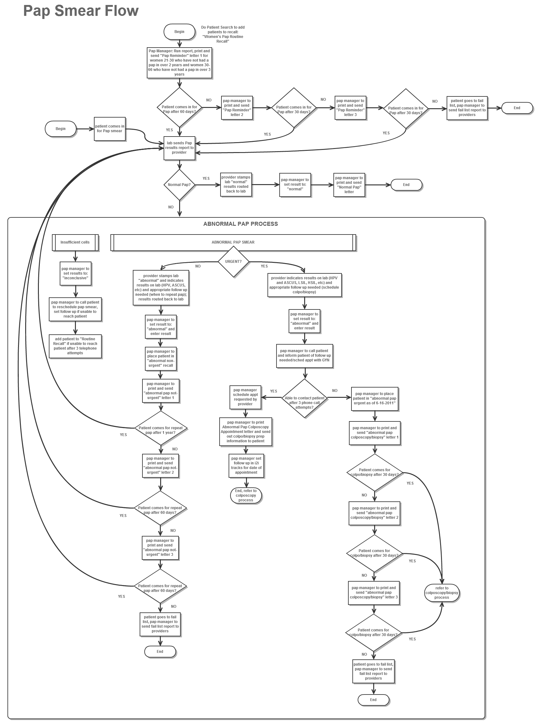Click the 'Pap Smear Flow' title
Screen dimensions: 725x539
(x=81, y=11)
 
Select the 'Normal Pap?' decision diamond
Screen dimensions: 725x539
(x=179, y=185)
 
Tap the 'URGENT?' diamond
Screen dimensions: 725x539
(x=233, y=262)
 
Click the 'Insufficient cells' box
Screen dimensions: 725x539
(x=75, y=242)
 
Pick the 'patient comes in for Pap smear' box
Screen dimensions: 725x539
(x=109, y=129)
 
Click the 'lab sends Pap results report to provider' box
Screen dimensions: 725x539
(x=179, y=148)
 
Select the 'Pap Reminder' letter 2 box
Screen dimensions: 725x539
(x=237, y=108)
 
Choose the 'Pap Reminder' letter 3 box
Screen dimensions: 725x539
(x=351, y=108)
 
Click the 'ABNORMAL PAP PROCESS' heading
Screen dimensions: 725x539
(x=240, y=224)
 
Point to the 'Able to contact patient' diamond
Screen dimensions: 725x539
(x=304, y=398)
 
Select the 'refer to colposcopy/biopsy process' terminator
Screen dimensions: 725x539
(x=441, y=593)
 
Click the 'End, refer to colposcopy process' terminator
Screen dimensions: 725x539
(x=246, y=495)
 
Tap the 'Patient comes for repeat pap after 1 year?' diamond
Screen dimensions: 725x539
(x=160, y=428)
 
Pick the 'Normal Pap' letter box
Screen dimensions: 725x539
(x=349, y=185)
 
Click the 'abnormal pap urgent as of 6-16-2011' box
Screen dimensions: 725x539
(x=374, y=398)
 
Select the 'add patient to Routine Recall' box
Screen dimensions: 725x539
(x=75, y=346)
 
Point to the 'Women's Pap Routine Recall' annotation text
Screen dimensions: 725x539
(x=222, y=35)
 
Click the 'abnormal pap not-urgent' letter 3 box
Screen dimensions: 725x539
(x=160, y=547)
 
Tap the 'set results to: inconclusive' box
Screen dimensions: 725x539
(x=75, y=273)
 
